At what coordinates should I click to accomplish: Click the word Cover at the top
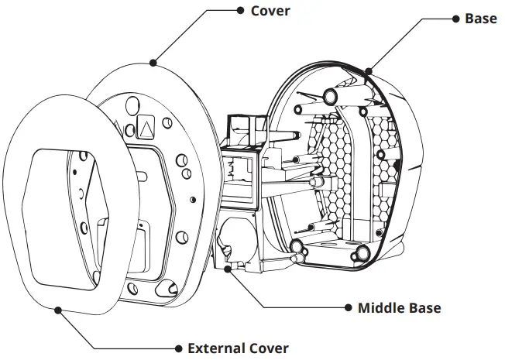tap(270, 12)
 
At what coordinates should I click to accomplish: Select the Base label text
tap(481, 18)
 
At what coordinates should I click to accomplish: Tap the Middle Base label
tap(399, 308)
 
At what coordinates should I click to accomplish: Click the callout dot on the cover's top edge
tap(153, 61)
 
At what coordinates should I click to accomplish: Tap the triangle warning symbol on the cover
tap(147, 125)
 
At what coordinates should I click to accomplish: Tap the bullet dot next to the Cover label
tap(239, 12)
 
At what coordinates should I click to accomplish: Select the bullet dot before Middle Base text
tap(347, 308)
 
